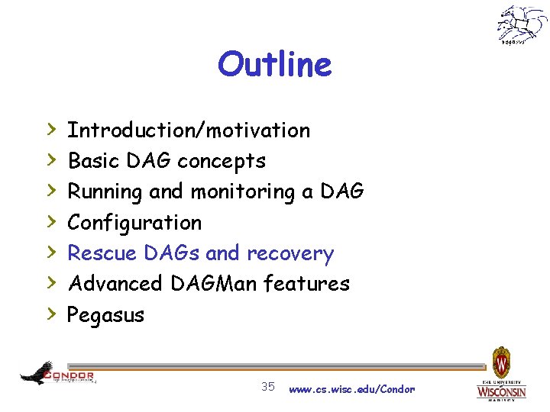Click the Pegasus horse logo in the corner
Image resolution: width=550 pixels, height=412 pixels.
tap(522, 25)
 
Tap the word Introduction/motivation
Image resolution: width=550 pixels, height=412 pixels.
tap(189, 130)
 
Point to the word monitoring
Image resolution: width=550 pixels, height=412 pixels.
tap(243, 192)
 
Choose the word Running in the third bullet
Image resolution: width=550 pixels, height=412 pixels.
tap(105, 192)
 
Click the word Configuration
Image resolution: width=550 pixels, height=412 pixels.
tap(134, 223)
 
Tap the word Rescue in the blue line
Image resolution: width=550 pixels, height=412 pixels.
tap(100, 253)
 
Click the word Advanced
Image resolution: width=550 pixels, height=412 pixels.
tap(115, 284)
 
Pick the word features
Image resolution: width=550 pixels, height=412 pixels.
tap(306, 284)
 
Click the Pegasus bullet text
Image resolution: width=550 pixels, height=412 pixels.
tap(106, 315)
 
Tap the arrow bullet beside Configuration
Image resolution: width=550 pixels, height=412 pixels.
tap(50, 222)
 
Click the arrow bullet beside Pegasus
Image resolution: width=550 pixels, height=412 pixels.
tap(50, 314)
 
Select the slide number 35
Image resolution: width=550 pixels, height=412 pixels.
tap(268, 387)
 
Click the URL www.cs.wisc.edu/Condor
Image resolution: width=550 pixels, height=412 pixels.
tap(352, 389)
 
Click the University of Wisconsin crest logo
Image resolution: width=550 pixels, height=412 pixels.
tap(502, 374)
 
